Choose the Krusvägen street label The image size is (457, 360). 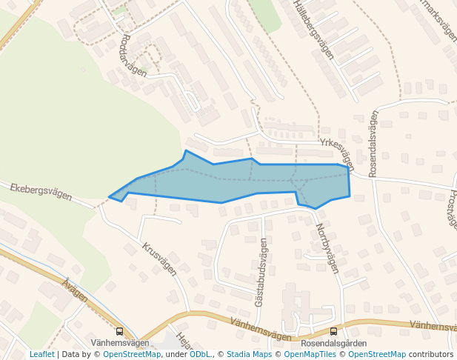(x=159, y=259)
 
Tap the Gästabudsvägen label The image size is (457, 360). (x=261, y=273)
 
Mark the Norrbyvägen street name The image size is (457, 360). (x=327, y=249)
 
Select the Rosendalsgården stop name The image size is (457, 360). (x=333, y=344)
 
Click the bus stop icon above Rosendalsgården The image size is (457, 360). (x=333, y=331)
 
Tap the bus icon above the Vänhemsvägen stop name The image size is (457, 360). (x=120, y=331)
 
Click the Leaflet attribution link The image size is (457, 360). (x=41, y=354)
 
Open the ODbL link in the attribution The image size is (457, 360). (x=199, y=354)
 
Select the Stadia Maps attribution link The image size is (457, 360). (x=249, y=354)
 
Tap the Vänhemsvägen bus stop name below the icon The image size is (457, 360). (x=120, y=343)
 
